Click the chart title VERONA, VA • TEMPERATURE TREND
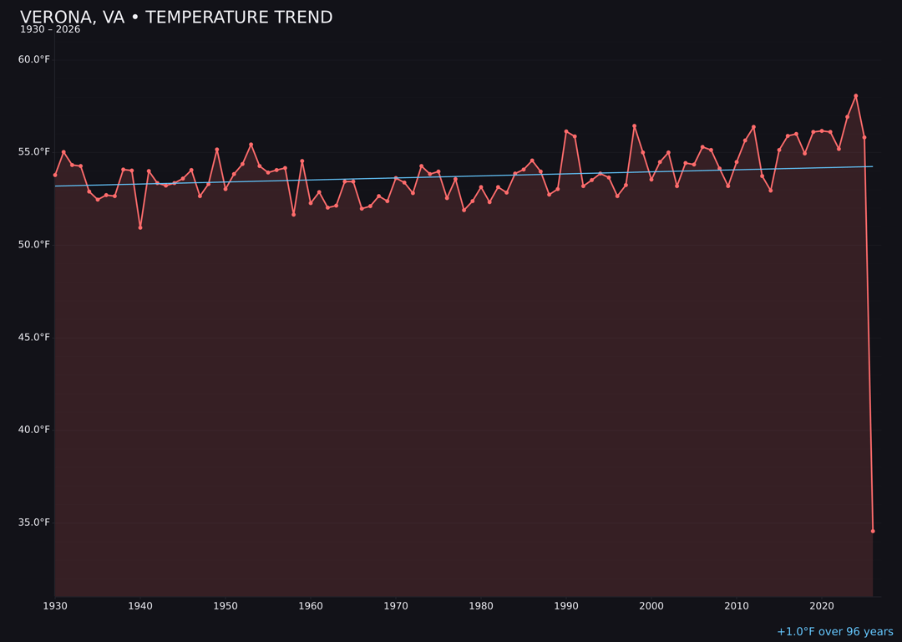click(176, 18)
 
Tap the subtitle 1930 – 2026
click(50, 30)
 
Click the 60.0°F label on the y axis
click(34, 59)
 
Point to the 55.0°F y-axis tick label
click(34, 152)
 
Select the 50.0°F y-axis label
click(34, 245)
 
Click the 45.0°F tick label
click(34, 338)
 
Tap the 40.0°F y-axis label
click(34, 430)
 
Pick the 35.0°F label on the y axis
click(34, 522)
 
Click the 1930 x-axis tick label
click(55, 606)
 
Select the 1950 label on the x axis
click(225, 606)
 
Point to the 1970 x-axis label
click(396, 606)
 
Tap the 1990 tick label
click(566, 606)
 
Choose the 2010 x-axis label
click(737, 606)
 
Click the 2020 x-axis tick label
click(822, 606)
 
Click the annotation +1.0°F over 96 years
click(834, 632)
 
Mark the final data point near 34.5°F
click(873, 531)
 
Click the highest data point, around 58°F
click(856, 96)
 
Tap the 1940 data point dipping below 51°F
click(140, 227)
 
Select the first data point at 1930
click(55, 175)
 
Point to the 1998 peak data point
click(634, 126)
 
